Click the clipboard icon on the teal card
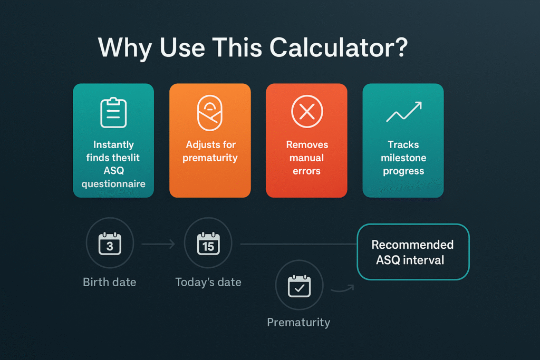point(113,112)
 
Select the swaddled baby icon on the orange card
point(210,112)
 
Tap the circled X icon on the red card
point(306,112)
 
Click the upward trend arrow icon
point(403,112)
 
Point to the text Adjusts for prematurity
point(210,151)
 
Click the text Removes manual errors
point(306,158)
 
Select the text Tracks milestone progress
point(403,158)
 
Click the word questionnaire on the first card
point(113,184)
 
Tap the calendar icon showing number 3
point(110,244)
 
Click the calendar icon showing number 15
point(208,244)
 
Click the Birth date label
point(110,282)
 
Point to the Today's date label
point(208,282)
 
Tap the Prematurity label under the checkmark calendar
point(298,322)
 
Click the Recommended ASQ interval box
point(412,252)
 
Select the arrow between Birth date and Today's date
point(158,244)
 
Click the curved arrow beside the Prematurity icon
point(342,288)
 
